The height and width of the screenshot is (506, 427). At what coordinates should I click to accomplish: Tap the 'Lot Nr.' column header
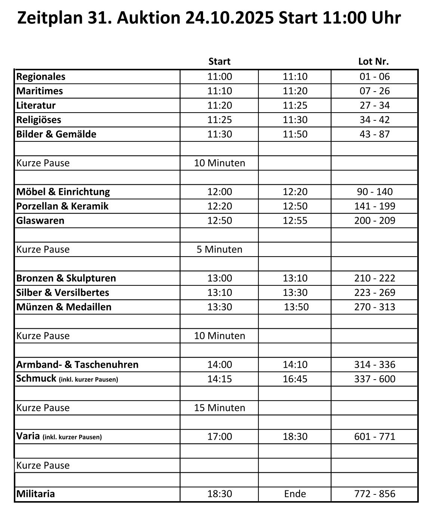tap(373, 61)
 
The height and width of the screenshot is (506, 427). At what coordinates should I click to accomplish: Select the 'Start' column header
tap(219, 61)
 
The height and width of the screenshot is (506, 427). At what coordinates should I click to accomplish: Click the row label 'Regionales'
tap(41, 77)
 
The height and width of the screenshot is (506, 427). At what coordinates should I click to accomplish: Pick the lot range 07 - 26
tap(375, 91)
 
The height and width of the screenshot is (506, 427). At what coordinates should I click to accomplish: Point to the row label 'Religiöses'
tap(39, 120)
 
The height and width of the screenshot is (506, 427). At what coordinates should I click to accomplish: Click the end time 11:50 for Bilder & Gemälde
tap(295, 134)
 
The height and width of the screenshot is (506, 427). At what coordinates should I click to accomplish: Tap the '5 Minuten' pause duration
tap(219, 249)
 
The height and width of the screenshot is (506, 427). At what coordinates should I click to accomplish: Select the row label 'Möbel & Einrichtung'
tap(63, 192)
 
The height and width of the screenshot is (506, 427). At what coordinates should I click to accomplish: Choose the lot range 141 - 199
tap(375, 206)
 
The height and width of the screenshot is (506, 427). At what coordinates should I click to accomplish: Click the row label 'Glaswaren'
tap(40, 221)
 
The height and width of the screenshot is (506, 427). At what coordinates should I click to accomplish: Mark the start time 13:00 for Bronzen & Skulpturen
tap(219, 278)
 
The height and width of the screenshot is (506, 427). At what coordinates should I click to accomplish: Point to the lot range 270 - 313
tap(375, 307)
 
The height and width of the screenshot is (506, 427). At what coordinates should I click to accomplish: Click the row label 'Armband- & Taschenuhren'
tap(77, 365)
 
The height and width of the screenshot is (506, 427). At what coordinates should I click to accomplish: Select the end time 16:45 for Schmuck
tap(295, 379)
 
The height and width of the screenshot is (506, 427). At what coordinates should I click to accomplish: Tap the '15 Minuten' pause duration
tap(219, 408)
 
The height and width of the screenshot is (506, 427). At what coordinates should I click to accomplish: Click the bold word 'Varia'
tap(28, 436)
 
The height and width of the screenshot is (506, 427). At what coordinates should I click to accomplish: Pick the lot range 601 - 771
tap(375, 436)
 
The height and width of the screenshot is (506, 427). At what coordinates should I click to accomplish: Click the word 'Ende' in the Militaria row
tap(295, 494)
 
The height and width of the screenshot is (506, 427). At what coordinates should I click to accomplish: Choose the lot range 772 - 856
tap(375, 494)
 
